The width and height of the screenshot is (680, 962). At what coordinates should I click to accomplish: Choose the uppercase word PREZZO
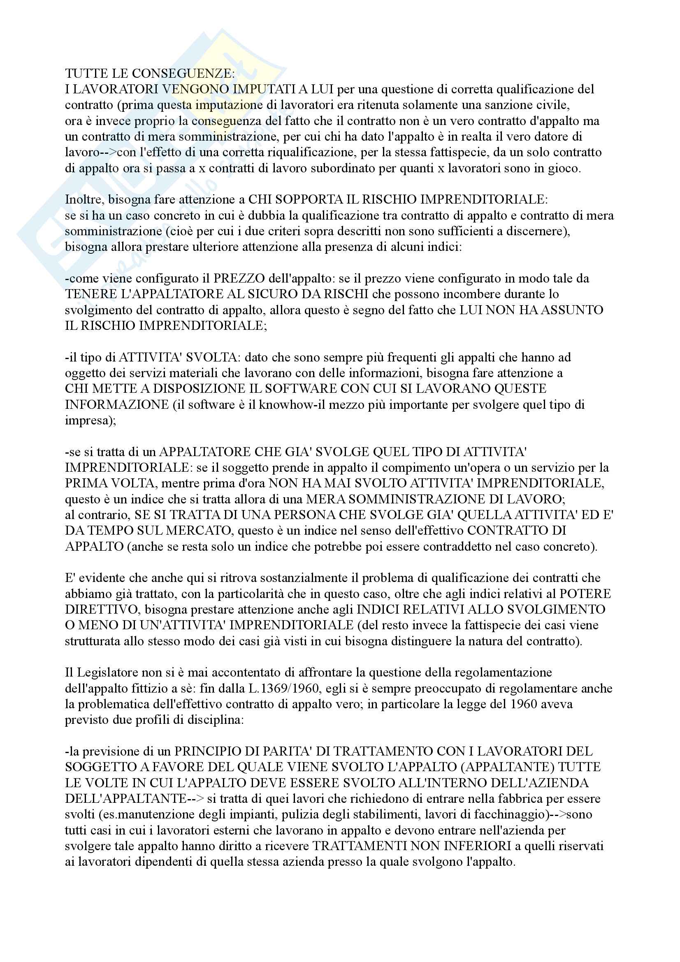(239, 278)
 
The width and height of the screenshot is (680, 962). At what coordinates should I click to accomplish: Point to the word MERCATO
(200, 531)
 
